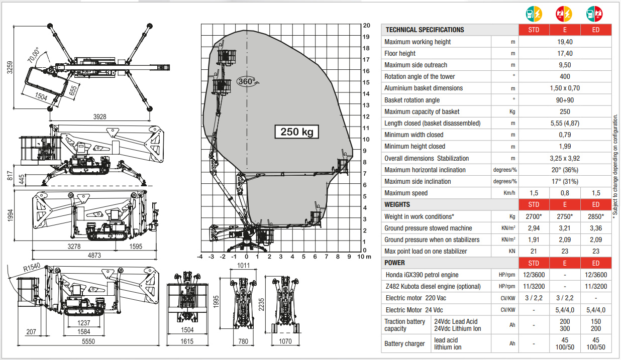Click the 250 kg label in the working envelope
[x=296, y=132]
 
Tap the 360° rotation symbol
[x=247, y=82]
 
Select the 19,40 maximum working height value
[x=565, y=42]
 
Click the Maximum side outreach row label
[x=416, y=65]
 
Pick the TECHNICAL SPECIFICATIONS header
[x=425, y=30]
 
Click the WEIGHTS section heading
[x=397, y=204]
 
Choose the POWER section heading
[x=395, y=263]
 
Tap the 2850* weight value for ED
[x=595, y=216]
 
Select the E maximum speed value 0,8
[x=565, y=193]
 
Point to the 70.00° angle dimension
[x=34, y=55]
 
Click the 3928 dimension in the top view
[x=100, y=117]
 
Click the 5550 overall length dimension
[x=88, y=341]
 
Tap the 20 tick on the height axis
[x=367, y=25]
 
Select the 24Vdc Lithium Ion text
[x=457, y=328]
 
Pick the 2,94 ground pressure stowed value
[x=534, y=228]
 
